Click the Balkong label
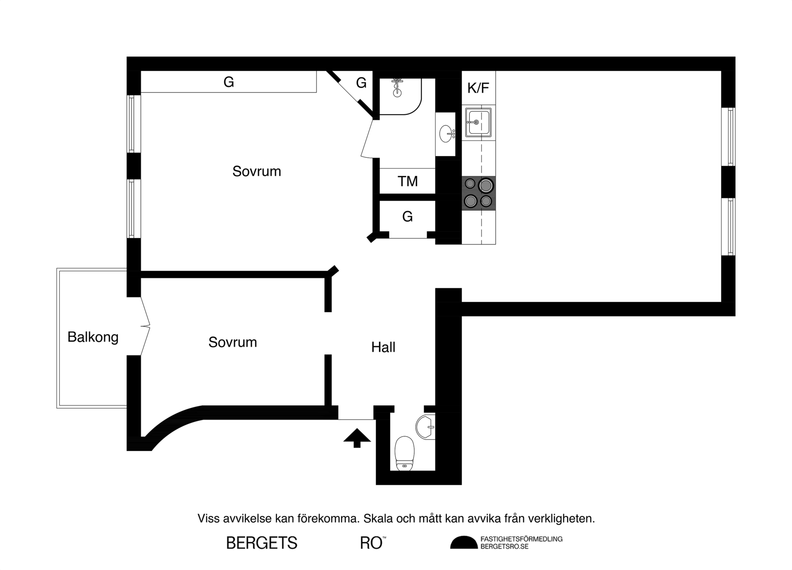click(93, 337)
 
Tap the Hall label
click(383, 347)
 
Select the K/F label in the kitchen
click(478, 88)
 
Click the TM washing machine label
click(408, 181)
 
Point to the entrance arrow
click(357, 438)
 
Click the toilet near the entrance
click(404, 453)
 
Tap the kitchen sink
click(478, 122)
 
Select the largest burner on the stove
click(486, 186)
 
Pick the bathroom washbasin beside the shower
click(446, 134)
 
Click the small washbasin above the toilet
click(425, 427)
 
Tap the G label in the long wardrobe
click(229, 82)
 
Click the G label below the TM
click(407, 216)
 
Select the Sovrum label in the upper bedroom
click(257, 171)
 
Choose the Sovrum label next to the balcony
click(233, 342)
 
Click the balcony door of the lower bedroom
click(145, 326)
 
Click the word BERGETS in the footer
click(262, 543)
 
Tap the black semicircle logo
click(464, 543)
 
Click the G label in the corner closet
click(361, 83)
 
